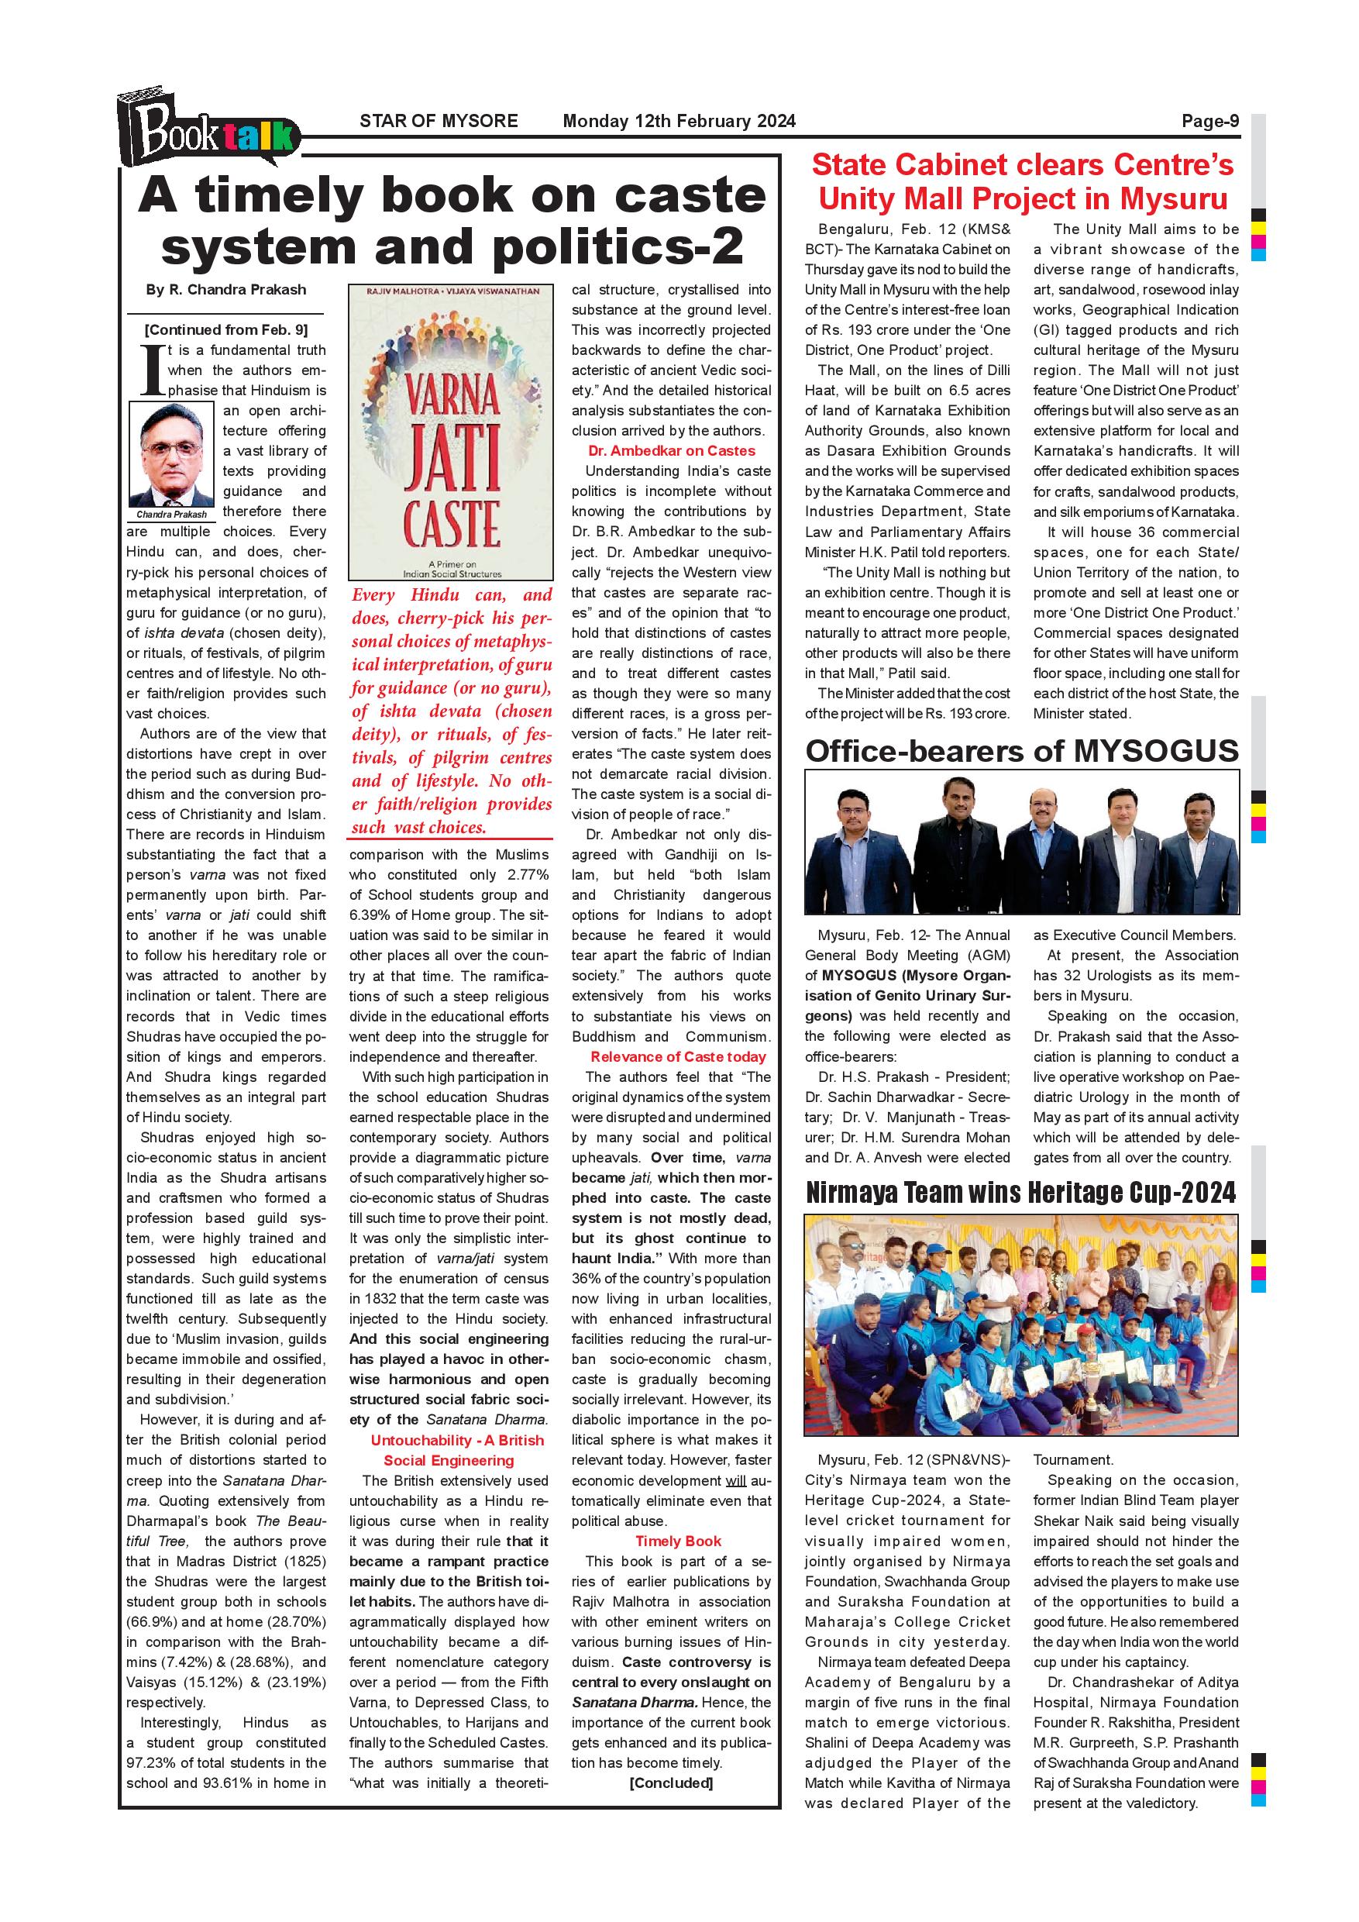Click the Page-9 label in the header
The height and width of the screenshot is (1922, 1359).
[x=1209, y=122]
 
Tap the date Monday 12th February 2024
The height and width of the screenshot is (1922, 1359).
[x=679, y=122]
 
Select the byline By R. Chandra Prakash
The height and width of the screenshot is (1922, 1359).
[x=226, y=290]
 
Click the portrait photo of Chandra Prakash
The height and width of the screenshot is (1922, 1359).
[x=171, y=455]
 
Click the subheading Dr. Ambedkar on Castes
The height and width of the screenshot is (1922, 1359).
[x=671, y=451]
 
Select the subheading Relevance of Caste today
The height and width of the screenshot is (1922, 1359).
[x=678, y=1057]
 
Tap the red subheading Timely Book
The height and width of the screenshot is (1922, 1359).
[x=678, y=1541]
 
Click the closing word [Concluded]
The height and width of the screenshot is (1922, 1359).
[x=671, y=1783]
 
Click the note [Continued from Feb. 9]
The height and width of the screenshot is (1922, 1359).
[x=226, y=330]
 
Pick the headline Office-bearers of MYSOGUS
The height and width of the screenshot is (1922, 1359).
[x=1022, y=751]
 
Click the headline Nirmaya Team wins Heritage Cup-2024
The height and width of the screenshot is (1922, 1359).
[x=1021, y=1193]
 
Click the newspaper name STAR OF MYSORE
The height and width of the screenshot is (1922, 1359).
[x=439, y=122]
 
